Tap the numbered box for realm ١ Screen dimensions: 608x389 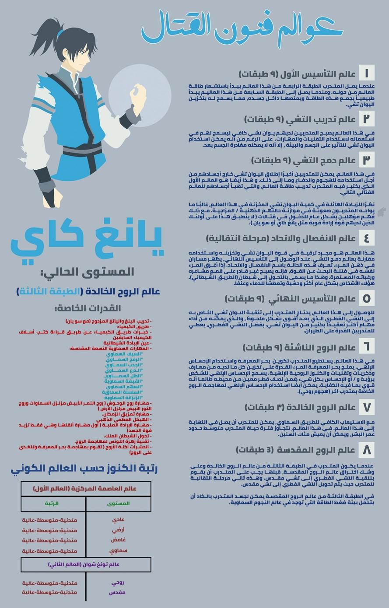coord(366,73)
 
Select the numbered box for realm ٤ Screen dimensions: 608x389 coord(366,238)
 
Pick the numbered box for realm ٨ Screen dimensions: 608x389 coord(366,450)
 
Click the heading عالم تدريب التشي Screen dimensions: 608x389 coord(300,119)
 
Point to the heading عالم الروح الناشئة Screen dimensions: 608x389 coord(299,347)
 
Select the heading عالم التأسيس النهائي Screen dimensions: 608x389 coord(290,299)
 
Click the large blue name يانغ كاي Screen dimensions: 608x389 coord(87,240)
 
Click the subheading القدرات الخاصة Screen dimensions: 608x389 coord(88,308)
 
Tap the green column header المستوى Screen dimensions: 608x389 coord(119,503)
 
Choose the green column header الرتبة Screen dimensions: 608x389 coord(52,503)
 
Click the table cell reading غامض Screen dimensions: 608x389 coord(118,540)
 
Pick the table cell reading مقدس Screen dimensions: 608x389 coord(117,592)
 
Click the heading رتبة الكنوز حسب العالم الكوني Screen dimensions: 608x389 coord(84,469)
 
